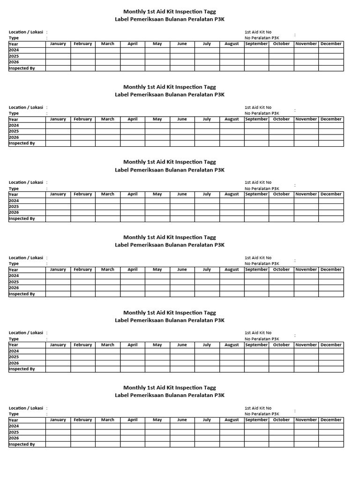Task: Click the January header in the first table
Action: pyautogui.click(x=58, y=44)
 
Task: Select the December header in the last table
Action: pyautogui.click(x=331, y=420)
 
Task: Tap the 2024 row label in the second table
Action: pyautogui.click(x=14, y=125)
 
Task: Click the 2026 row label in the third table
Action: pyautogui.click(x=14, y=212)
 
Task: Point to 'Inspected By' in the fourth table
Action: pyautogui.click(x=22, y=294)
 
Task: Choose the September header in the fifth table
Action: pyautogui.click(x=256, y=345)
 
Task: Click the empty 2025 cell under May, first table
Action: pyautogui.click(x=157, y=56)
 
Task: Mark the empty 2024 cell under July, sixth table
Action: pyautogui.click(x=207, y=426)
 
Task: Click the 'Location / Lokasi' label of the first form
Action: pyautogui.click(x=26, y=32)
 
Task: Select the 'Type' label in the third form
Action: pyautogui.click(x=14, y=188)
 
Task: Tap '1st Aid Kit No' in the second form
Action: pyautogui.click(x=258, y=107)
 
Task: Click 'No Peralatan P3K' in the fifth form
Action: pyautogui.click(x=262, y=339)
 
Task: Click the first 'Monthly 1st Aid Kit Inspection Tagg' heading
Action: pyautogui.click(x=170, y=11)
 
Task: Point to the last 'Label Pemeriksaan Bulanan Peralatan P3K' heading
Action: pyautogui.click(x=170, y=395)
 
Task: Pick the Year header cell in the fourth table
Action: pyautogui.click(x=14, y=270)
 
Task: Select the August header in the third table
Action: pyautogui.click(x=232, y=194)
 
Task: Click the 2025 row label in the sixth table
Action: pyautogui.click(x=14, y=432)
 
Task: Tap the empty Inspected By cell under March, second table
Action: pyautogui.click(x=108, y=143)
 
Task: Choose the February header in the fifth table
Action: pyautogui.click(x=83, y=345)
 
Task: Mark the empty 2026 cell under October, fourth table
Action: pyautogui.click(x=281, y=288)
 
